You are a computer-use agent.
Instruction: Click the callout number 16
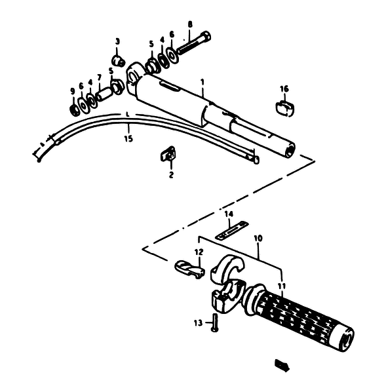click(284, 89)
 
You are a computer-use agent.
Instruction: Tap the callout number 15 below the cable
click(128, 139)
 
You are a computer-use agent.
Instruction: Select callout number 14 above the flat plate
click(229, 214)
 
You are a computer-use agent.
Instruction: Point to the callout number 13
click(198, 323)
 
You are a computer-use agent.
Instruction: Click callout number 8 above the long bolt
click(190, 25)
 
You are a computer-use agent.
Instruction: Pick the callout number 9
click(73, 92)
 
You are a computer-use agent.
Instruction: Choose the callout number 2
click(171, 175)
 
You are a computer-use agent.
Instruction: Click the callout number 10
click(258, 239)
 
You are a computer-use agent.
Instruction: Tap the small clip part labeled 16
click(285, 108)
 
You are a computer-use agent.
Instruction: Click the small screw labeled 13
click(214, 322)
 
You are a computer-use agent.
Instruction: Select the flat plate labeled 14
click(232, 231)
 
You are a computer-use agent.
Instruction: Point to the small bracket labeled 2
click(168, 154)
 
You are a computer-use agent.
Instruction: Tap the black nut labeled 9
click(74, 110)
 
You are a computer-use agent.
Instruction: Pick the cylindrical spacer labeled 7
click(104, 94)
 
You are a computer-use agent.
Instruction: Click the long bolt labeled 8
click(194, 43)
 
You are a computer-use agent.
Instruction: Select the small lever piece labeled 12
click(190, 269)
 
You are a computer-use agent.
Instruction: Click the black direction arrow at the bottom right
click(282, 365)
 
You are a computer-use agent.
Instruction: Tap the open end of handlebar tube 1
click(290, 150)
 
